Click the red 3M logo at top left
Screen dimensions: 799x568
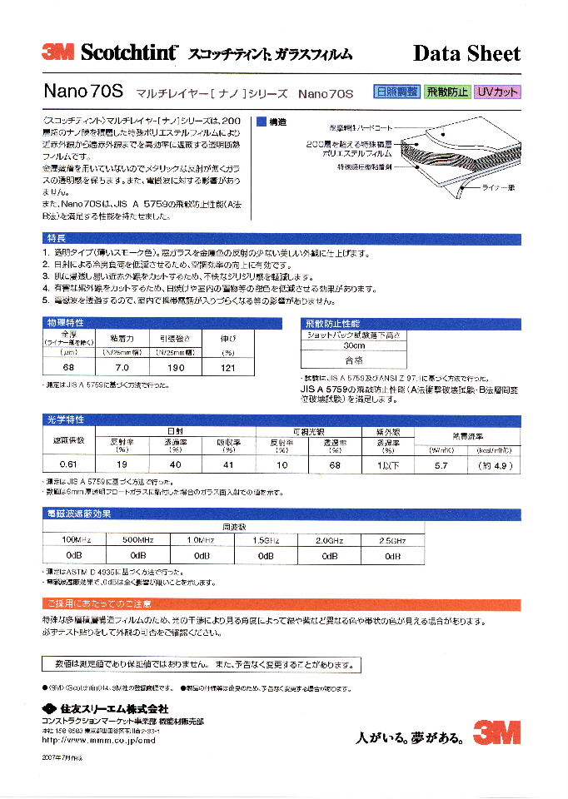(x=58, y=52)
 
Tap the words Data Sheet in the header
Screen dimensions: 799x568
(x=466, y=53)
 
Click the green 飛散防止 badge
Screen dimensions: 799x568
(x=447, y=92)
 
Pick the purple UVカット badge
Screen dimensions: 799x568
(x=497, y=92)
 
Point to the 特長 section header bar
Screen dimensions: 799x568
(x=283, y=238)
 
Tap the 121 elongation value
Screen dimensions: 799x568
(x=227, y=367)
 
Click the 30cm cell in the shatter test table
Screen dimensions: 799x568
(x=355, y=345)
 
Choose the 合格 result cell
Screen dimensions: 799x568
(x=355, y=361)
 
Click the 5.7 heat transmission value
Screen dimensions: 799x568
(x=441, y=464)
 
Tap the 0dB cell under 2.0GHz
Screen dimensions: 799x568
(x=329, y=554)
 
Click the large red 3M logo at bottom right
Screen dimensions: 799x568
(x=496, y=732)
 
